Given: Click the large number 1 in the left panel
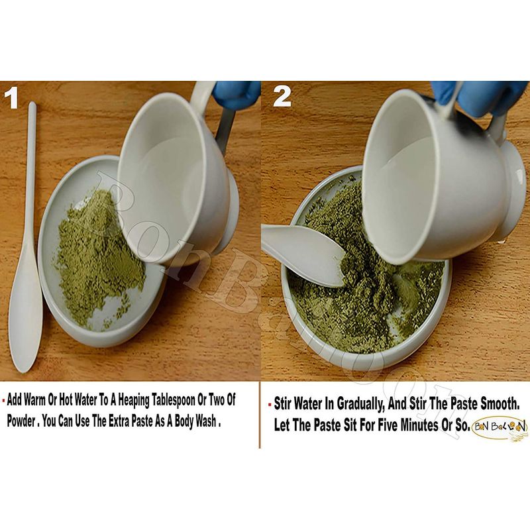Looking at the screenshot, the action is (11, 97).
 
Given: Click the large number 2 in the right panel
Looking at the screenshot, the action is (282, 96).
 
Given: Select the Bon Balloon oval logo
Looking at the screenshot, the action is (500, 427).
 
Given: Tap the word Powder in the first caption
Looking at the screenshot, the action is (21, 421).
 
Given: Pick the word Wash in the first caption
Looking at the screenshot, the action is (205, 421).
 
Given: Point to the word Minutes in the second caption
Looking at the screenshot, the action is (419, 425).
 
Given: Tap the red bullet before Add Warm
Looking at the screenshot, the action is (3, 400).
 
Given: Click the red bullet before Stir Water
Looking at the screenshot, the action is (270, 404).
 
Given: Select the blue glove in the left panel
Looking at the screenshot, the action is (237, 95).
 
